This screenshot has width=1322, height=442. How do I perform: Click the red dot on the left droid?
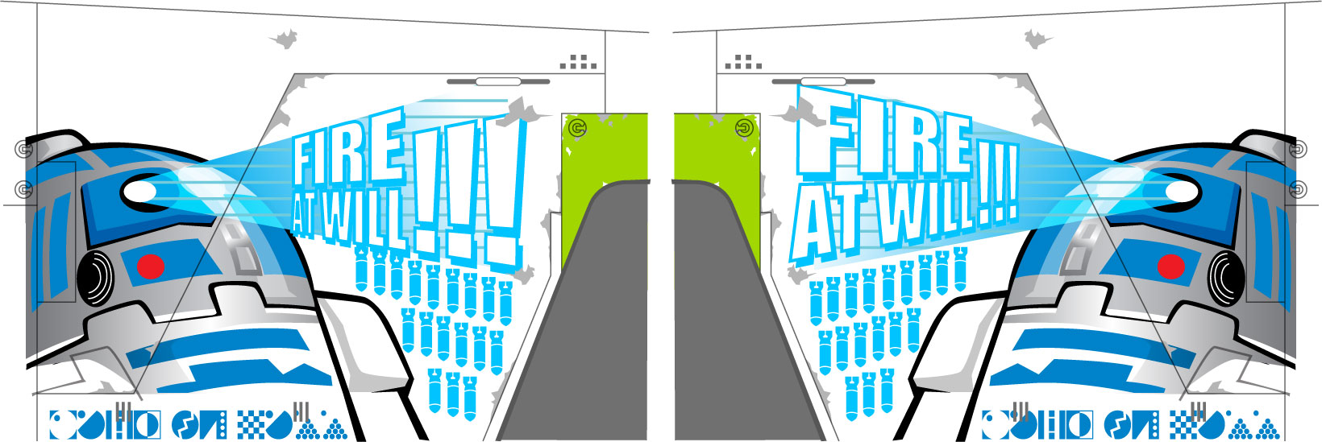point(151,265)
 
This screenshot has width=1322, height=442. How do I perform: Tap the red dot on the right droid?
point(1170,265)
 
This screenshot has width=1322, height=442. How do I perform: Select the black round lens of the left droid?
point(95,276)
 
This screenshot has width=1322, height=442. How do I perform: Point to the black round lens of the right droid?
point(1226,276)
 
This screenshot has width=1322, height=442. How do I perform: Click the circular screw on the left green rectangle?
point(577,128)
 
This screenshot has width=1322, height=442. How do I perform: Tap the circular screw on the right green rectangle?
point(744,128)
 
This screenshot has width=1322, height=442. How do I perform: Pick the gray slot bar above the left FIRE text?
point(498,81)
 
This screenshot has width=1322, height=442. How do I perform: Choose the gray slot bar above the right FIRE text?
point(823,81)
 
